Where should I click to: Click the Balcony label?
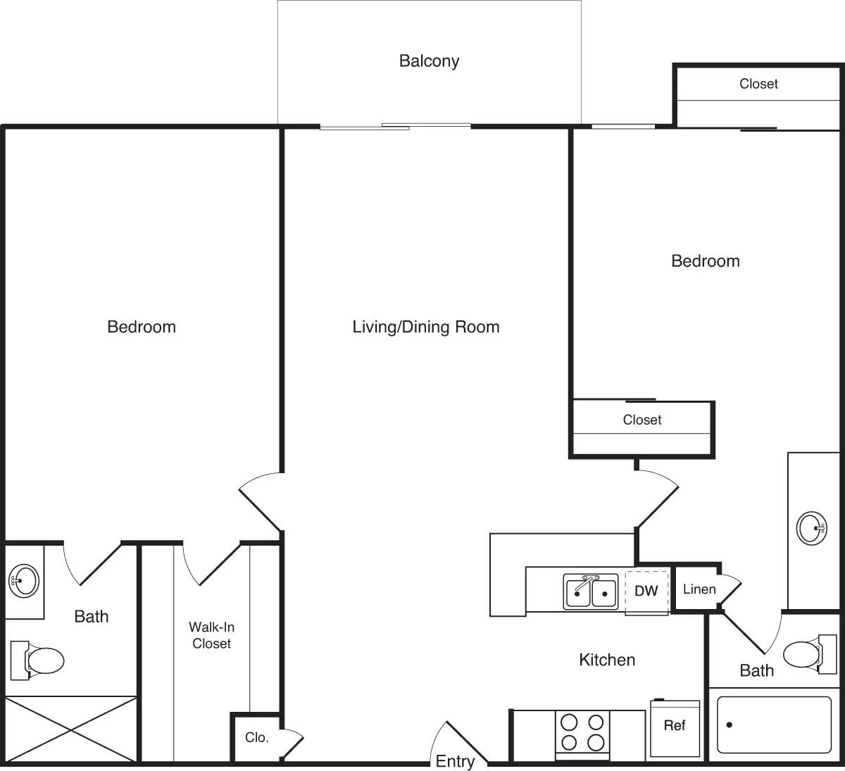coord(429,61)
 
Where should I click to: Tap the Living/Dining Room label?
coord(426,327)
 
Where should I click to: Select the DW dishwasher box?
coord(646,591)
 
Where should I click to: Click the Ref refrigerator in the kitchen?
coord(675,727)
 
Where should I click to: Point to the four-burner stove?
coord(582,733)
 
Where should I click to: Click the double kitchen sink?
coord(590,591)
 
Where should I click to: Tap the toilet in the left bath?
coord(38,660)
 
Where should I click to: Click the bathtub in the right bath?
coord(774,725)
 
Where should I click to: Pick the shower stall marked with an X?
coord(70,729)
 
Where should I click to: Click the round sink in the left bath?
coord(24,581)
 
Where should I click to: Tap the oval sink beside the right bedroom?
coord(810,527)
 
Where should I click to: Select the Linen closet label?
coord(699,589)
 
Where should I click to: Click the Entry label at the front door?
coord(455,761)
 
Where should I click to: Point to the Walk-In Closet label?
coord(211,635)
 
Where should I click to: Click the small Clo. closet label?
coord(256,737)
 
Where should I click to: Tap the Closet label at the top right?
coord(758,84)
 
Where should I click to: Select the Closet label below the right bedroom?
coord(642,420)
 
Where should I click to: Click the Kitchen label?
coord(607,660)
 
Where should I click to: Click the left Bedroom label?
coord(142,327)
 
